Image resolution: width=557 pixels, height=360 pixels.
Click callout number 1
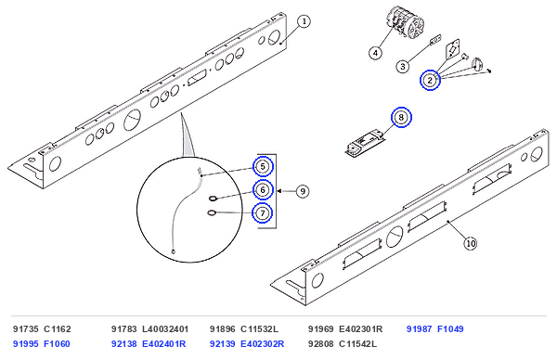(x=304, y=21)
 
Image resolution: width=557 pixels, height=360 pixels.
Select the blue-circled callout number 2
(x=430, y=80)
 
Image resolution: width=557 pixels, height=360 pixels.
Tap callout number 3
(x=403, y=67)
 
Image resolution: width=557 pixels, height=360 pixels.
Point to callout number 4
(x=375, y=53)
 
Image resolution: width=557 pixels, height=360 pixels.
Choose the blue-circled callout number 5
(x=263, y=166)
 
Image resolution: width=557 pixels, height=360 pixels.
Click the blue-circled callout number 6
(x=263, y=190)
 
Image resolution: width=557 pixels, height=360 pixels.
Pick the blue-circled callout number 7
(x=263, y=213)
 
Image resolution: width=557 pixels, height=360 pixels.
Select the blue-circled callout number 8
(x=401, y=117)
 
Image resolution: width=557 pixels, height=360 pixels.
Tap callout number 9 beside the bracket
(x=303, y=191)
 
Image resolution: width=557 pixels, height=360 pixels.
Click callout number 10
(x=471, y=243)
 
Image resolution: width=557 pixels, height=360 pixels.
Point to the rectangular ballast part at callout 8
(x=365, y=143)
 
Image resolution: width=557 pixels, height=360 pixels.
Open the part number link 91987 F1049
(x=434, y=329)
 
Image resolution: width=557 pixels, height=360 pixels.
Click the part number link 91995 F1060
(x=42, y=344)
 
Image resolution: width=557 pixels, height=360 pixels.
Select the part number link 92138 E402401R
(x=149, y=344)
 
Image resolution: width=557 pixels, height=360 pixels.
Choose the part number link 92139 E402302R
(x=247, y=344)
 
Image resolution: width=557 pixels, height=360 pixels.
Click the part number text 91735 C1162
(x=42, y=329)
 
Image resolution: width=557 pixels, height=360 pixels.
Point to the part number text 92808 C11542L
(x=343, y=344)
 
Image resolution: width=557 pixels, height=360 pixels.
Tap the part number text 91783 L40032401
(x=149, y=329)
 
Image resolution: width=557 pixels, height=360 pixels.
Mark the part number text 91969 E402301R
(x=345, y=329)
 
